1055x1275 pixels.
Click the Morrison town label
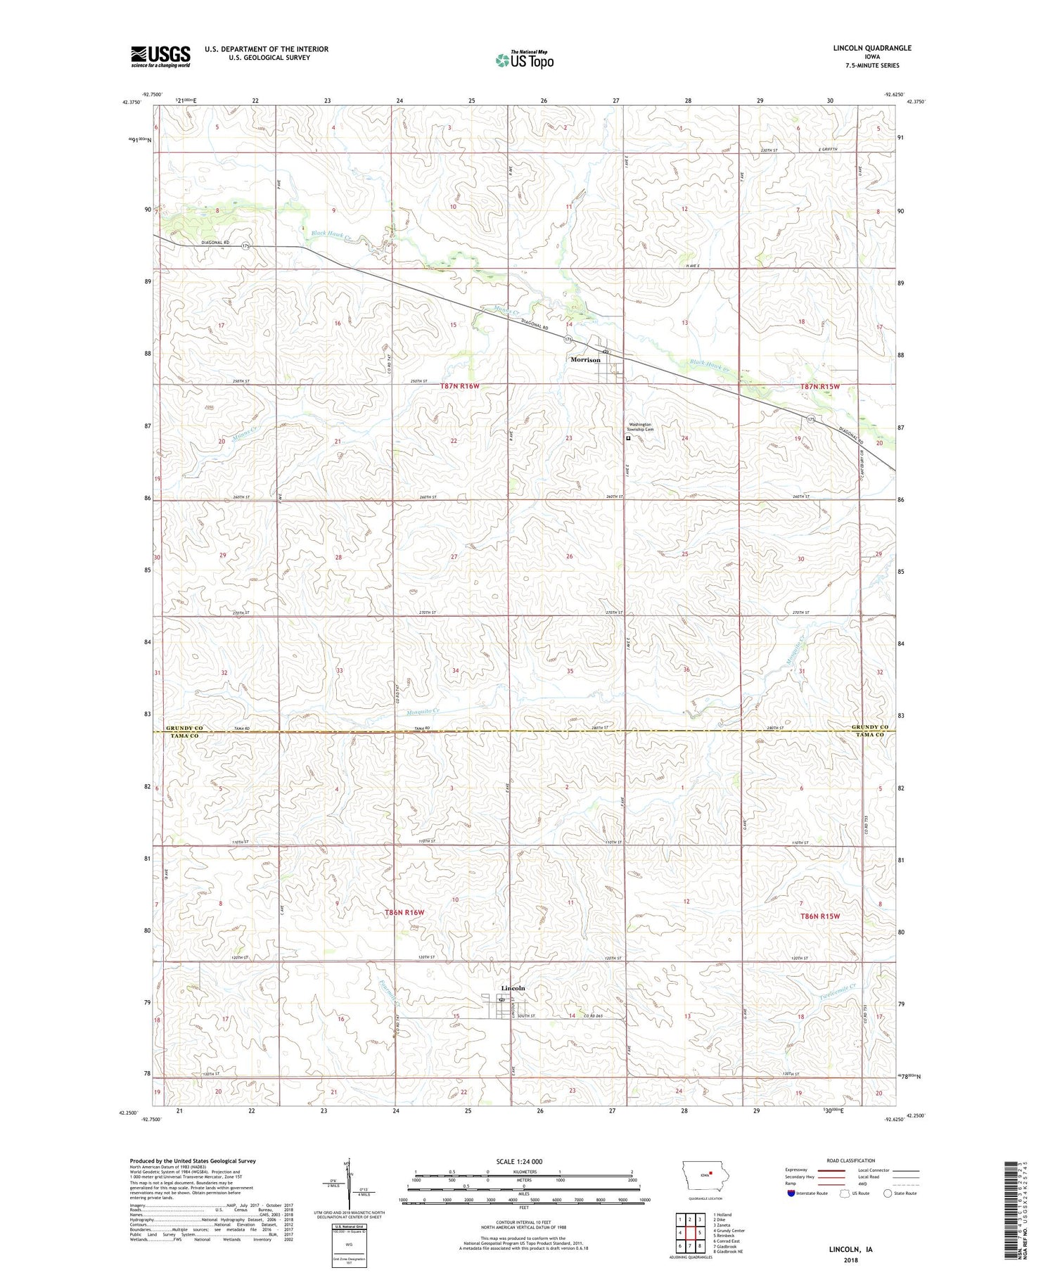click(x=585, y=360)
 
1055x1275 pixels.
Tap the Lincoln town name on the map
click(x=513, y=988)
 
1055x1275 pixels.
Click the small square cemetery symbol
click(x=628, y=438)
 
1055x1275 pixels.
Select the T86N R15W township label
click(x=820, y=916)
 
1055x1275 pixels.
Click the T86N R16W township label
click(x=404, y=912)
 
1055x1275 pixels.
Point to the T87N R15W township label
click(x=820, y=387)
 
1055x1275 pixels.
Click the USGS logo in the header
click(x=160, y=56)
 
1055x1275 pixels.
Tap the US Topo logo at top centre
click(x=524, y=60)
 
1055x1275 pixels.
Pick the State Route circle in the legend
click(x=888, y=1193)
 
